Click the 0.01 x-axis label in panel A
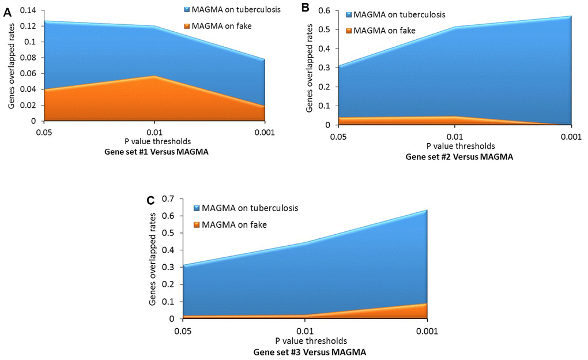click(x=154, y=133)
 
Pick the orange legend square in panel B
click(x=349, y=31)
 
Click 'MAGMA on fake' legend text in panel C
click(x=228, y=224)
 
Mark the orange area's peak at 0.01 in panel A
click(x=154, y=77)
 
